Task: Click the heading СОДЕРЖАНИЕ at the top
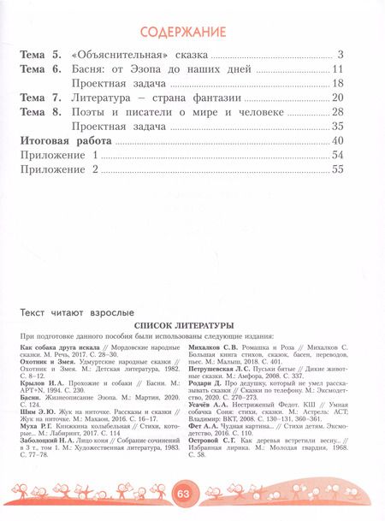192,33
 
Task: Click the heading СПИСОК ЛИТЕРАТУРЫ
192,327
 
